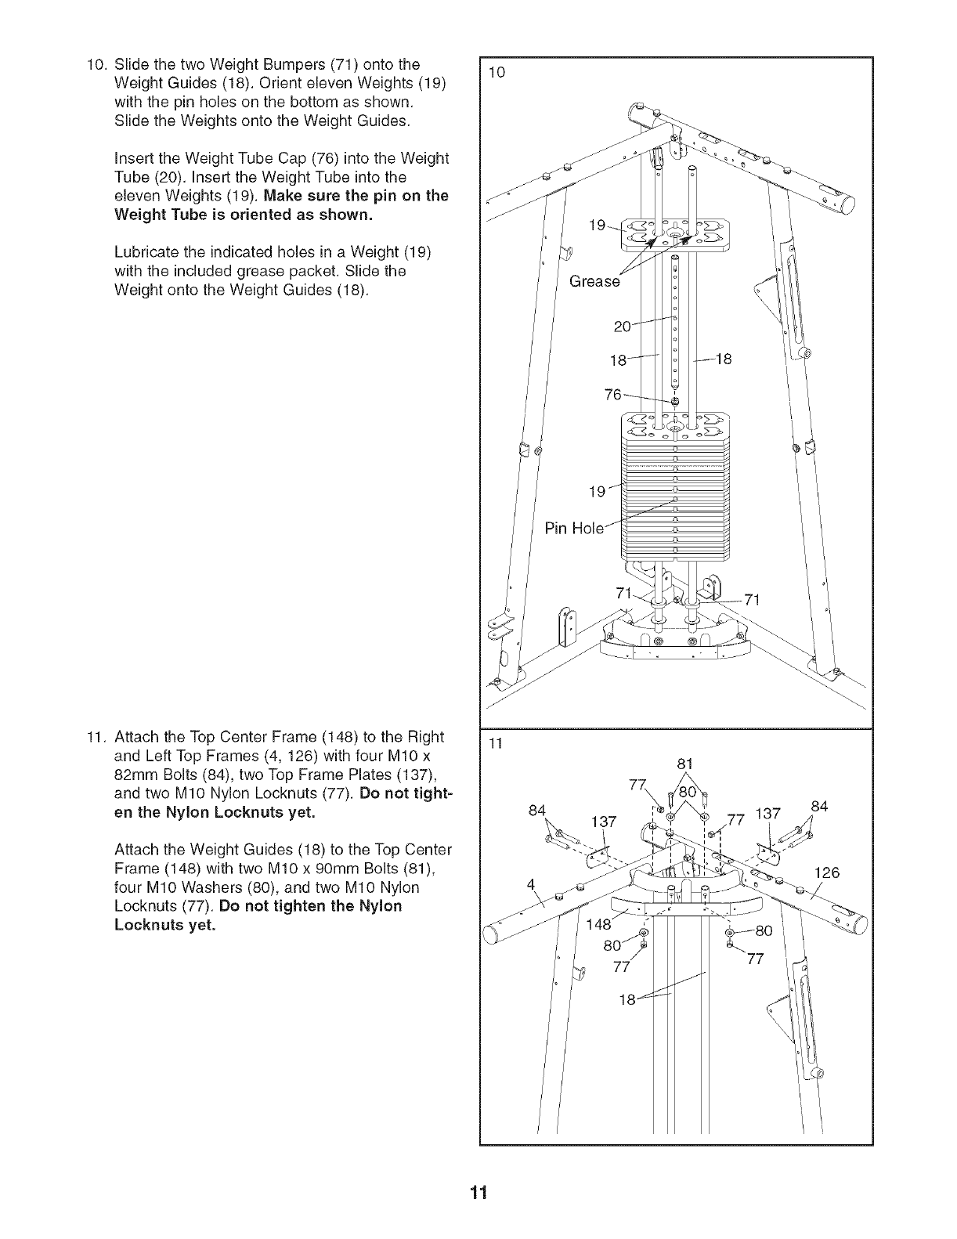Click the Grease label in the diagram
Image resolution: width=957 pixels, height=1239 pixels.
(x=594, y=281)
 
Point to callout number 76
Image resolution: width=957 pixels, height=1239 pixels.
(x=613, y=395)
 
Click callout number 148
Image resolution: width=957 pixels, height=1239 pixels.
(x=598, y=924)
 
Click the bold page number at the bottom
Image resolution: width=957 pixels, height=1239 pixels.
(x=479, y=1193)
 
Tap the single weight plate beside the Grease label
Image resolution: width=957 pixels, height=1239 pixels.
(x=674, y=230)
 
